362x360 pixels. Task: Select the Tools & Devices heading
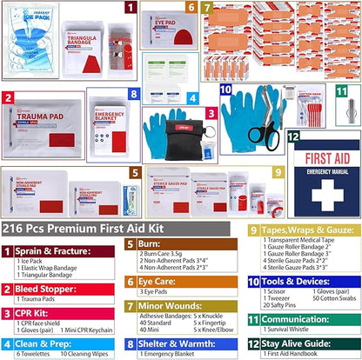(300, 282)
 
